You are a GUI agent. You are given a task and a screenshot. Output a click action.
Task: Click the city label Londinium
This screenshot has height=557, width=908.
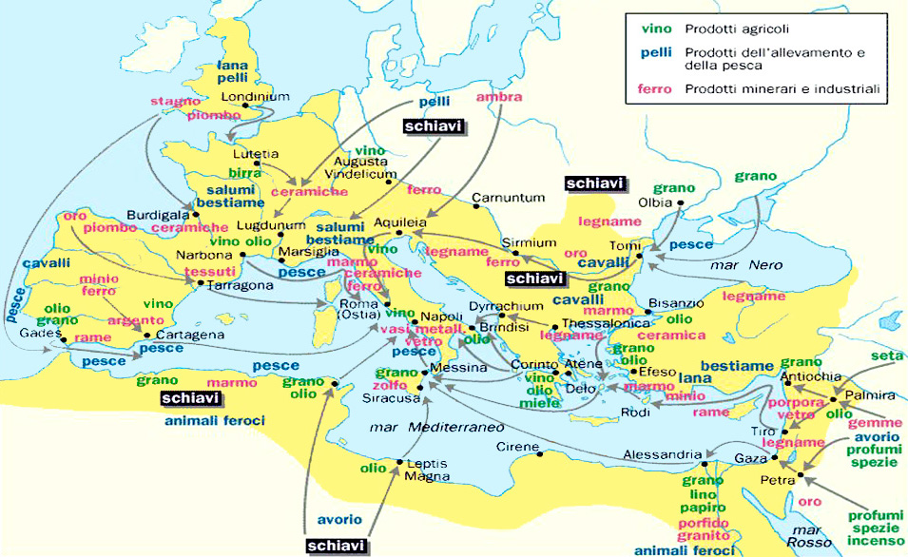pos(254,98)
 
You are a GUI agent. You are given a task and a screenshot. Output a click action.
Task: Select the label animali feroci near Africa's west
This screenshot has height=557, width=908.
pos(214,419)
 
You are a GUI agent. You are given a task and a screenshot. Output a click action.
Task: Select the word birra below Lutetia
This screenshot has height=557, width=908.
pos(245,173)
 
